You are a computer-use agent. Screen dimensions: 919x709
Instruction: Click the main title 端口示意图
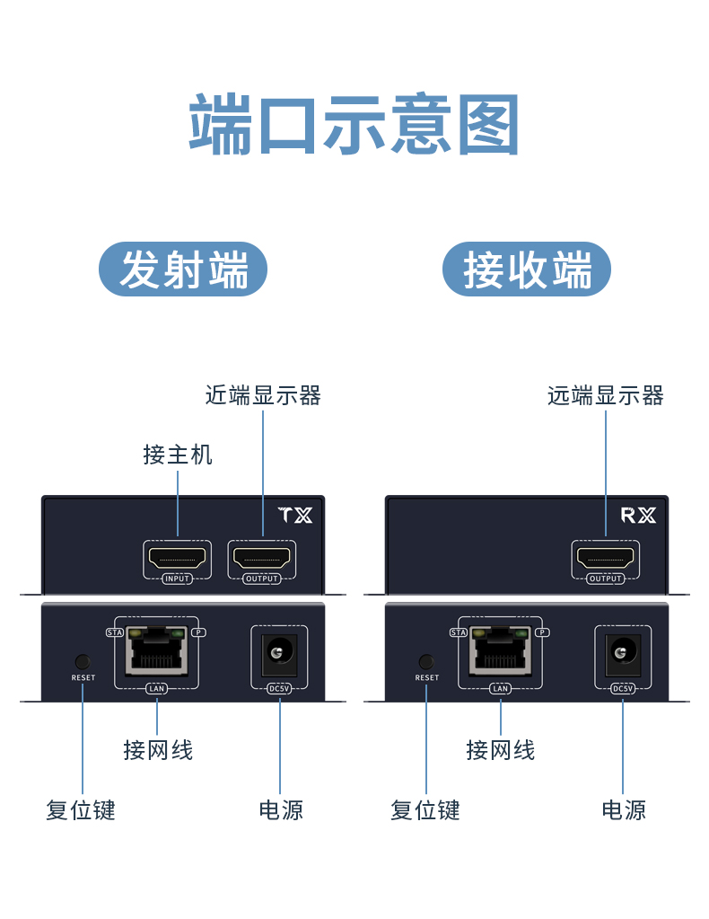tap(354, 126)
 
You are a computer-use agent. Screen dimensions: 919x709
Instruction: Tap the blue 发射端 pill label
tap(183, 270)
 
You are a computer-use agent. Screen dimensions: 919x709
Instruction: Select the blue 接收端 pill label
tap(527, 270)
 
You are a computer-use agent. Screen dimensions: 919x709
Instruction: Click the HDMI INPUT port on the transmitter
tap(178, 559)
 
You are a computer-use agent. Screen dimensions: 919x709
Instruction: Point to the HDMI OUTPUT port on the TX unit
tap(262, 559)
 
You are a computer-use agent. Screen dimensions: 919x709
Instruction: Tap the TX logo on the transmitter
tap(295, 516)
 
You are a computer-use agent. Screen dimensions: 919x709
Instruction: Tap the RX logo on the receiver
tap(638, 516)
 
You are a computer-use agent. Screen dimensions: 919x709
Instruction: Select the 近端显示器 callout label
tap(263, 395)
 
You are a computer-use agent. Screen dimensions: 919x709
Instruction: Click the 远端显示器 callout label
tap(606, 395)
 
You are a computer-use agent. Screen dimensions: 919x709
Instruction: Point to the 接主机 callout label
tap(178, 455)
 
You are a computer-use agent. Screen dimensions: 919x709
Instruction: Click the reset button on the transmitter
tap(83, 661)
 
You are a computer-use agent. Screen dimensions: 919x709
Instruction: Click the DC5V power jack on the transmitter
tap(279, 654)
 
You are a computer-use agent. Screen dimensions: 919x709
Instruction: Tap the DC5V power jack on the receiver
tap(622, 654)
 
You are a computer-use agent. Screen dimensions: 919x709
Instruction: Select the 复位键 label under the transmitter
tap(81, 810)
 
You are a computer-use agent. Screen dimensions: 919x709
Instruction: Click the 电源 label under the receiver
tap(624, 810)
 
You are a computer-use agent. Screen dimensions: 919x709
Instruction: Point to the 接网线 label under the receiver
tap(501, 750)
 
